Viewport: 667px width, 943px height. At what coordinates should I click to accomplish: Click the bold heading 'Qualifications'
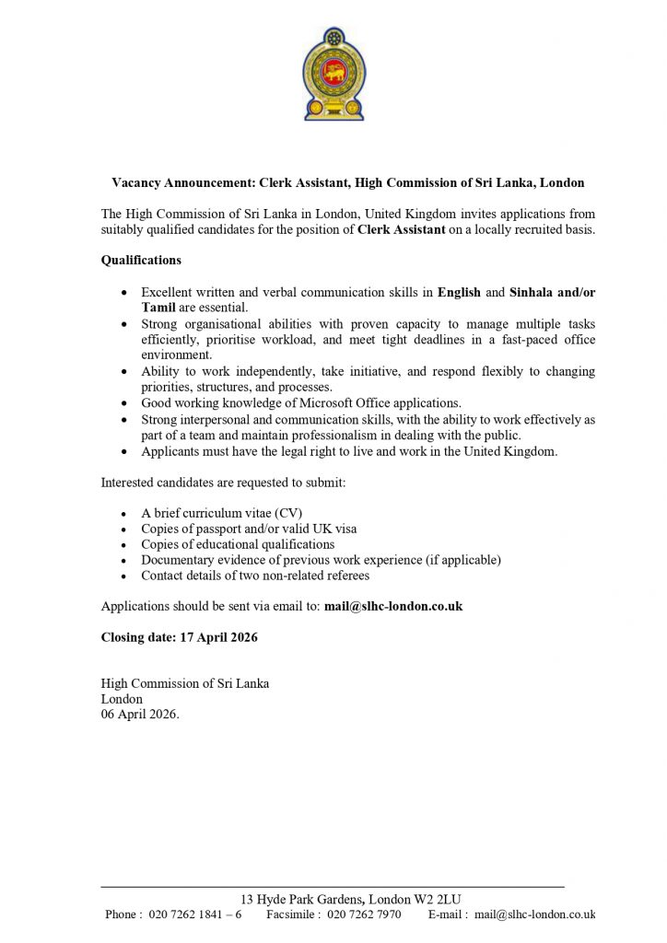tap(141, 261)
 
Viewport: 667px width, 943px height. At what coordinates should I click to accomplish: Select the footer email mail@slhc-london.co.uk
tap(534, 914)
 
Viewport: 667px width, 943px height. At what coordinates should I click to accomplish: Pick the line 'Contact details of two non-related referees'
tap(255, 576)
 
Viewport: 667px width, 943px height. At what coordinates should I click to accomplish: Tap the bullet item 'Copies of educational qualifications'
tap(238, 544)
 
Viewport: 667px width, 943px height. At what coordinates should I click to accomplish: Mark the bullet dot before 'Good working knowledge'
tap(125, 403)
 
